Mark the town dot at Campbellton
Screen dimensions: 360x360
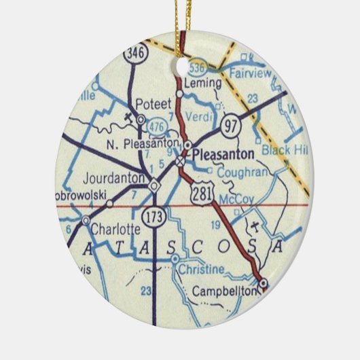tap(264, 283)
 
